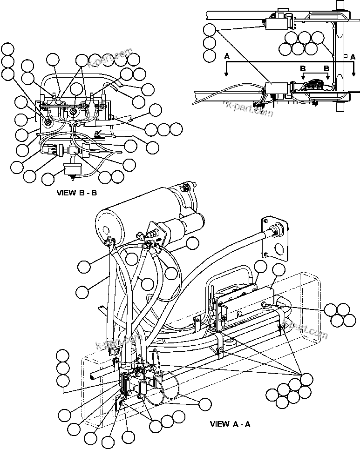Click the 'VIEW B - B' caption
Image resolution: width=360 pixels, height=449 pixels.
pyautogui.click(x=76, y=192)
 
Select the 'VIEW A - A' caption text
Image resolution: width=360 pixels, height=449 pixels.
pyautogui.click(x=230, y=424)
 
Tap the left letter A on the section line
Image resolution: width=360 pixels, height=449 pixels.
pyautogui.click(x=226, y=56)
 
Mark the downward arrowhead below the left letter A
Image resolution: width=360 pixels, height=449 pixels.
pyautogui.click(x=226, y=74)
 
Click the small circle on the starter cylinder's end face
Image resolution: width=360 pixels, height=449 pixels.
pyautogui.click(x=107, y=228)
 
